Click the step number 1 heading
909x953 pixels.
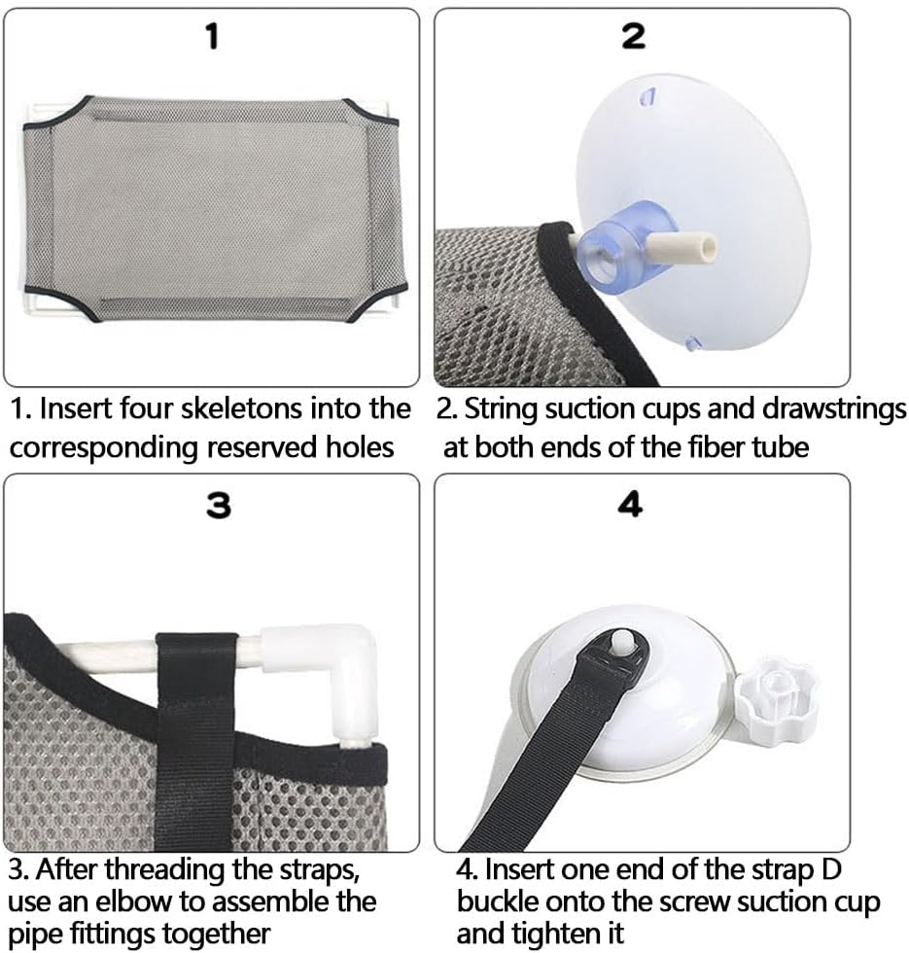coord(212,37)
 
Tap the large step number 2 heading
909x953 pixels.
coord(633,37)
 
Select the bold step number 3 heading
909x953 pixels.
coord(219,506)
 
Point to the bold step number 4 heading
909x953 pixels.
coord(630,505)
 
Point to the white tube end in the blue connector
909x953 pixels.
coord(687,247)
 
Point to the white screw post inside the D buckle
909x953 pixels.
coord(621,640)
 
